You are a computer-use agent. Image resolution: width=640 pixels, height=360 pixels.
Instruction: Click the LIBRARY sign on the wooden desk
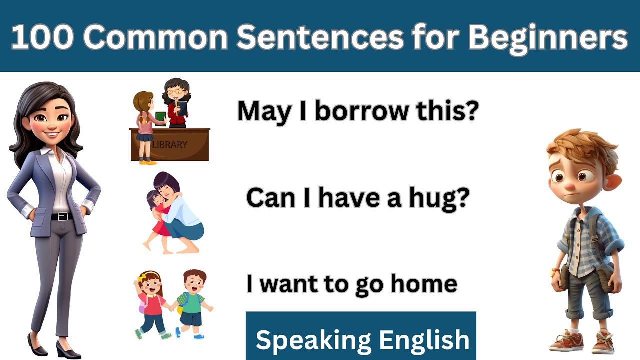pyautogui.click(x=170, y=145)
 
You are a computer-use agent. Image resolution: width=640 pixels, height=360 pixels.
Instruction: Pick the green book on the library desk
pyautogui.click(x=160, y=116)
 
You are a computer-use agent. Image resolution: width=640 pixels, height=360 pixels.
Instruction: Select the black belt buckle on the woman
pyautogui.click(x=62, y=216)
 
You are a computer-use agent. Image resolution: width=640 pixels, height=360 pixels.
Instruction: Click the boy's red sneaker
pyautogui.click(x=566, y=341)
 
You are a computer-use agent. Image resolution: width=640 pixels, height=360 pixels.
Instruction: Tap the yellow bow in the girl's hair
pyautogui.click(x=141, y=276)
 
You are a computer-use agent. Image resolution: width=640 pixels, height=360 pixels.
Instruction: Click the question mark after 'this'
pyautogui.click(x=472, y=111)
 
